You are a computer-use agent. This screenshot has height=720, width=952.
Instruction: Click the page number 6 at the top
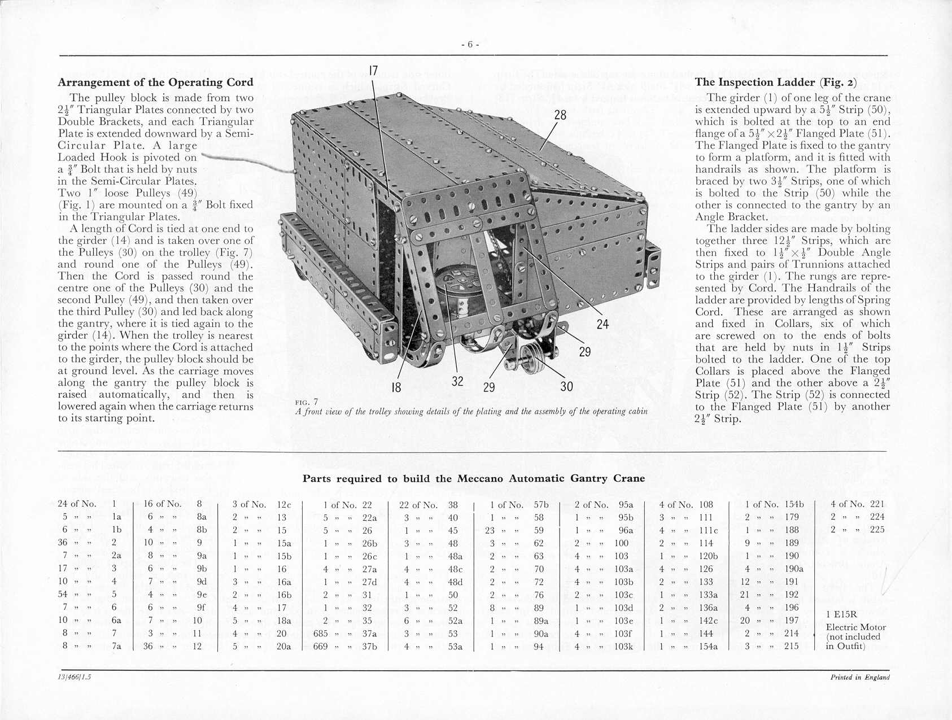[470, 45]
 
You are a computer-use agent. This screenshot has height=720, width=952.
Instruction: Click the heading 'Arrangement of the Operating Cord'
[156, 82]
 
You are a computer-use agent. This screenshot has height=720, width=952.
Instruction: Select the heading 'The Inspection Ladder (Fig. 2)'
[776, 82]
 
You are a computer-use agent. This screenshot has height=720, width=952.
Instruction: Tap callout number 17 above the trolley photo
[373, 71]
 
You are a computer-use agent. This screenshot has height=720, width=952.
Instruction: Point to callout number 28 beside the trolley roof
[560, 115]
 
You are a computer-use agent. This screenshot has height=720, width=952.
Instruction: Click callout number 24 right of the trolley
[602, 324]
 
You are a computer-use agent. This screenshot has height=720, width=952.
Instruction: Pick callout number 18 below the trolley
[396, 387]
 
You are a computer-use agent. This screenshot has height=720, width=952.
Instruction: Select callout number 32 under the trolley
[457, 381]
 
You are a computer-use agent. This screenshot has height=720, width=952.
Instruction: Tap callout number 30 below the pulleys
[566, 386]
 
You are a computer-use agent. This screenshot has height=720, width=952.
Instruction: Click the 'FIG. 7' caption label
[306, 402]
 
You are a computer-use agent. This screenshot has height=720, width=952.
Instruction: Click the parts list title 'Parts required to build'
[473, 478]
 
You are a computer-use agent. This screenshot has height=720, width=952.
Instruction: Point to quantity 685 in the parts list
[320, 633]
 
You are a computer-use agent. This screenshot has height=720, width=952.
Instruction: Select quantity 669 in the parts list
[320, 646]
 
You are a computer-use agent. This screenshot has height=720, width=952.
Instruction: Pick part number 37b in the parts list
[369, 646]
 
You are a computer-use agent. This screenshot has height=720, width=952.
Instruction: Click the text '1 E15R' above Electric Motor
[841, 614]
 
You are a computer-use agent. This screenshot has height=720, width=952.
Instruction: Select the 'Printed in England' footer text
[859, 678]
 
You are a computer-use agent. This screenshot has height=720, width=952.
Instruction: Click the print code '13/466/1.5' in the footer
[75, 678]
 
